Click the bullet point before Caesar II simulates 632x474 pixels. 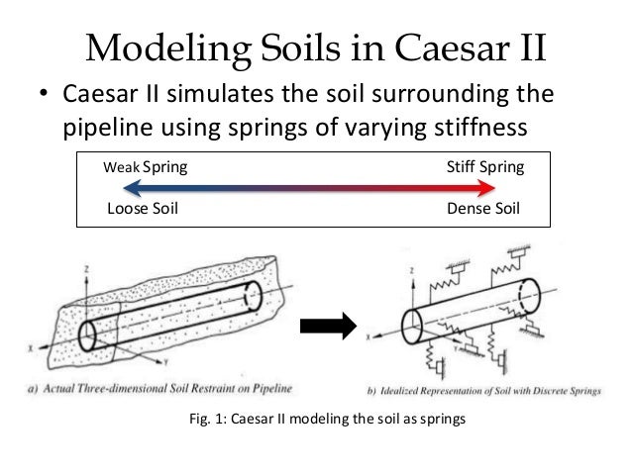(44, 98)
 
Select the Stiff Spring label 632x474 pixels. (484, 167)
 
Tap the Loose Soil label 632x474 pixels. (142, 209)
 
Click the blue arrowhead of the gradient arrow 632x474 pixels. (118, 189)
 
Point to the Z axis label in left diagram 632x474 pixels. (89, 267)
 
